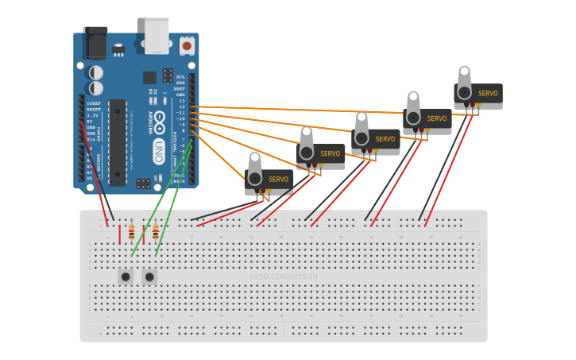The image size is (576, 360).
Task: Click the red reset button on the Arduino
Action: click(x=187, y=46)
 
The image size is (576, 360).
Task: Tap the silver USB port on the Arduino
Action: click(x=157, y=35)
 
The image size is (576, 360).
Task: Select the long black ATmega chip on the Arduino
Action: click(x=117, y=142)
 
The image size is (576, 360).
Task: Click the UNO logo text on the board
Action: click(x=160, y=148)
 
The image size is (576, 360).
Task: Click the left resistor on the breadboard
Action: click(x=131, y=234)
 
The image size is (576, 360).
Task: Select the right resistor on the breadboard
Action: click(x=155, y=234)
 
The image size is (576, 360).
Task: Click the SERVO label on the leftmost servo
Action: click(x=278, y=180)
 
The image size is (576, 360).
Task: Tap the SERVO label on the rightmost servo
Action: click(x=488, y=94)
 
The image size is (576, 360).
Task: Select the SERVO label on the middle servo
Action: click(x=385, y=139)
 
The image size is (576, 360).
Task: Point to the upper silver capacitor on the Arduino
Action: click(x=96, y=72)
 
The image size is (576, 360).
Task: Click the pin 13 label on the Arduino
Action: click(x=181, y=101)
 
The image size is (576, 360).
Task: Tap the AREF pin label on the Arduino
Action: click(x=179, y=89)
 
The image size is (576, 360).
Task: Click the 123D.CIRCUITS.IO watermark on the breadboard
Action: click(x=284, y=277)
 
